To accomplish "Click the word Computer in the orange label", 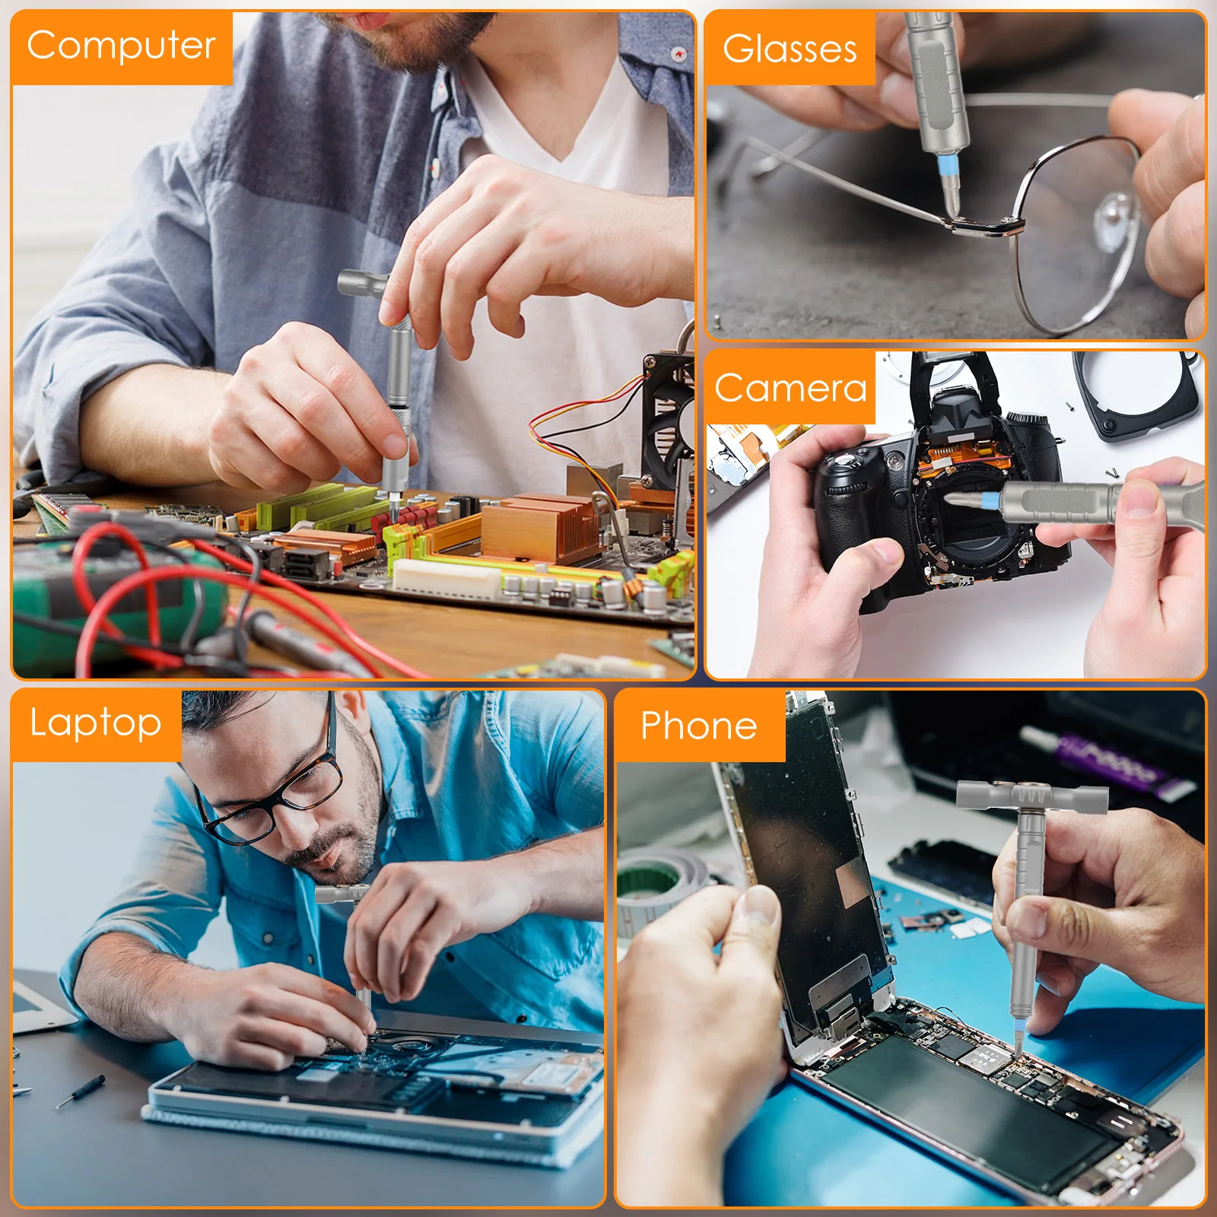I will pos(121,46).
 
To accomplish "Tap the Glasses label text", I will pos(790,49).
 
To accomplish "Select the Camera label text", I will pos(790,389).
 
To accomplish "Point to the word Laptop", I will pos(95,723).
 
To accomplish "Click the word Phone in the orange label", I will pos(698,726).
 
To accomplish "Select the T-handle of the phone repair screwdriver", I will pos(1031,796).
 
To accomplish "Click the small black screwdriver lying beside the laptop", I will pos(80,1091).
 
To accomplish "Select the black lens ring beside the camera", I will pos(1141,396).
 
